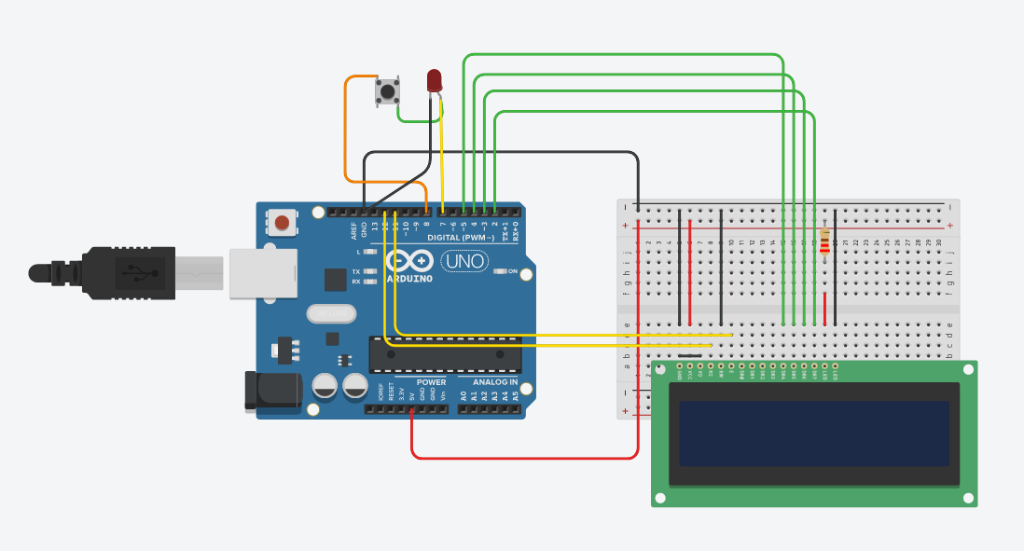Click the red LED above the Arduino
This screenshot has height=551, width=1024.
[434, 81]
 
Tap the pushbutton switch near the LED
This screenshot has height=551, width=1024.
[387, 91]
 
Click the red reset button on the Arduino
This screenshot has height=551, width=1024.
[281, 222]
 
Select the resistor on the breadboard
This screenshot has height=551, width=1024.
[824, 241]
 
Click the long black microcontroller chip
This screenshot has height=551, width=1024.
[445, 355]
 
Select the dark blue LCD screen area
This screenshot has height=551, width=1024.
[813, 434]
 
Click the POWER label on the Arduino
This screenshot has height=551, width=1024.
[431, 382]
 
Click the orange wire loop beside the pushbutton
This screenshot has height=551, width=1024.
[347, 131]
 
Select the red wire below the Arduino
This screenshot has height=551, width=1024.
[522, 458]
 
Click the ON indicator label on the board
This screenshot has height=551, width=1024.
[512, 271]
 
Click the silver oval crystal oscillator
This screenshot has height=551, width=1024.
[331, 314]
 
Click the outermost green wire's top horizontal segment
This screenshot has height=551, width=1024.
[625, 55]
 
